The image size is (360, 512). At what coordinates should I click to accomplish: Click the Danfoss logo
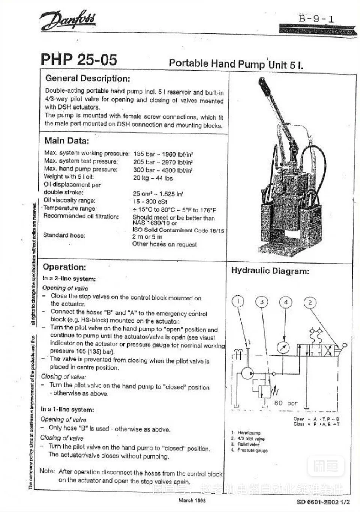68,20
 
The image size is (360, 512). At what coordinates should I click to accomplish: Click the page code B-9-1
316,18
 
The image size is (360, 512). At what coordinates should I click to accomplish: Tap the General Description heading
88,78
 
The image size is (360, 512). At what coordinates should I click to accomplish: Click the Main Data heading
67,141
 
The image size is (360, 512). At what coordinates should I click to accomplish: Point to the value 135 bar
144,154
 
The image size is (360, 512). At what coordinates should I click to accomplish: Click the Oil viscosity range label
70,200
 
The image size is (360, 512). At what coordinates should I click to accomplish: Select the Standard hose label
64,235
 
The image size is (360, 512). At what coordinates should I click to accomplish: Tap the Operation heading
64,267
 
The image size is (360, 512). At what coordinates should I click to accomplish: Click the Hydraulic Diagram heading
270,271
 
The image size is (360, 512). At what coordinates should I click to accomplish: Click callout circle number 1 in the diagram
238,301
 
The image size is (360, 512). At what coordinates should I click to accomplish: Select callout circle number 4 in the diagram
286,302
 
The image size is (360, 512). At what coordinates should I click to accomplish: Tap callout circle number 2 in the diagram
310,303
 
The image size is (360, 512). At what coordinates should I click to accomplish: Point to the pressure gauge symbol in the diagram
283,348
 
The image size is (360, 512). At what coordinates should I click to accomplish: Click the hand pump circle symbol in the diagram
247,373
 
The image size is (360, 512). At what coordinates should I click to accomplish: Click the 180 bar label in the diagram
284,403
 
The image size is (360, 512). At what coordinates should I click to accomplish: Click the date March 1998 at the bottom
192,500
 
